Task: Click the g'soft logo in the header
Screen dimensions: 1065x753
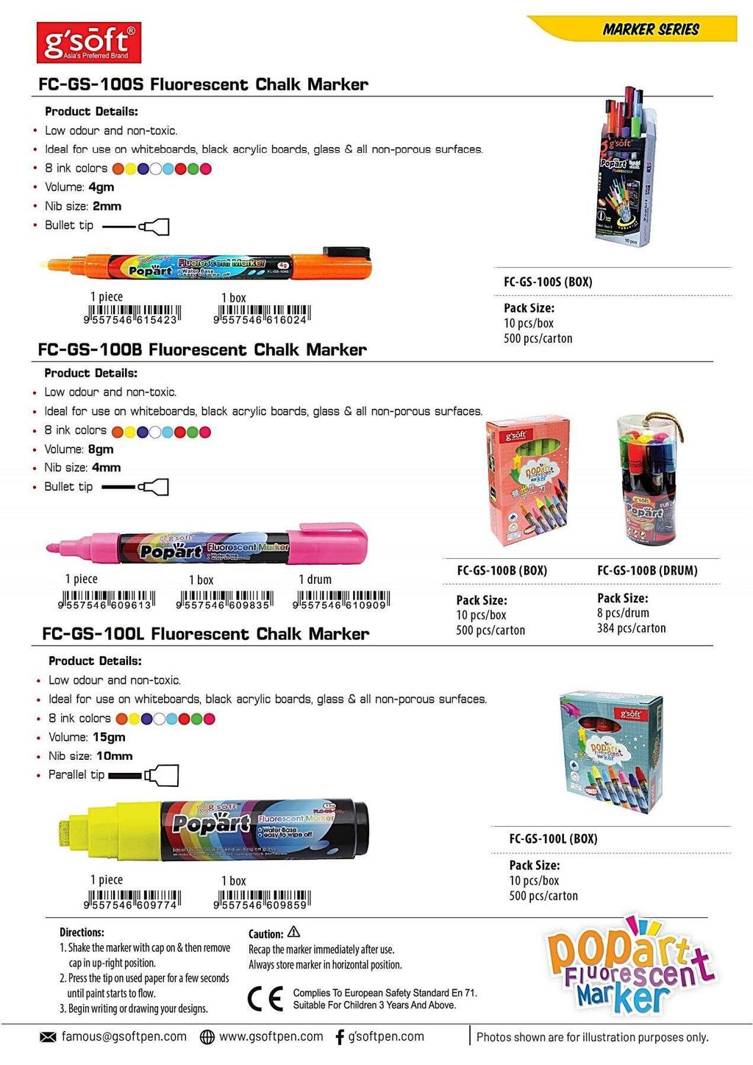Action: point(88,43)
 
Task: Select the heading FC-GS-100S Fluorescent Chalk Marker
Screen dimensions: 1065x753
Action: point(203,85)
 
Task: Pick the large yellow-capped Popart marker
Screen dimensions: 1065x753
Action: point(213,827)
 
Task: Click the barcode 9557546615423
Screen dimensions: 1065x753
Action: point(133,315)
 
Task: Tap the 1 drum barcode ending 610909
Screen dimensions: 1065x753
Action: point(341,599)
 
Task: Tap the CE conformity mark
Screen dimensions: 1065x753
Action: point(265,999)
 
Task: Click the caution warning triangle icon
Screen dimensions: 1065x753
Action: point(294,932)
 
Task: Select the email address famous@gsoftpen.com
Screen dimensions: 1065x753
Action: point(124,1036)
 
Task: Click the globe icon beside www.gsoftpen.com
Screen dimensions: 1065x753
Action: point(207,1037)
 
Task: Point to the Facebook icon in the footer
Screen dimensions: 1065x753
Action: point(339,1037)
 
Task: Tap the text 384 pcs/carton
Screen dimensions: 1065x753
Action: point(631,628)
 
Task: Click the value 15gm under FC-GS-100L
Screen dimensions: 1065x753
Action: point(109,737)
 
